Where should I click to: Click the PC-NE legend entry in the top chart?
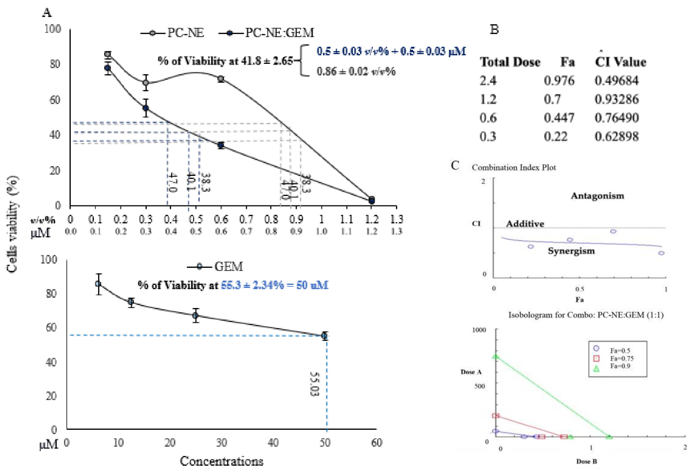(x=173, y=33)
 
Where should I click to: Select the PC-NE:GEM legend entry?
(x=266, y=33)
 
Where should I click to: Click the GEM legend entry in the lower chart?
(x=215, y=266)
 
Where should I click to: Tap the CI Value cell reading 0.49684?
(x=616, y=80)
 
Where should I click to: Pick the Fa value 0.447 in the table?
(x=559, y=118)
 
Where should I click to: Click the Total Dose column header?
(x=510, y=62)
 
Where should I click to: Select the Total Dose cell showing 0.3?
(x=488, y=136)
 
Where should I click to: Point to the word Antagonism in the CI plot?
(x=597, y=196)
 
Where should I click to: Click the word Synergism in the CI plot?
(x=571, y=251)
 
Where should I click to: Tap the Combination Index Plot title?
(x=514, y=167)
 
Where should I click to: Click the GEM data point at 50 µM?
(x=324, y=336)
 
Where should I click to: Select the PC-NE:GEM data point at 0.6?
(x=221, y=145)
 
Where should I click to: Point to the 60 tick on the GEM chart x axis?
(x=376, y=443)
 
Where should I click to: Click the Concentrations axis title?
(x=222, y=461)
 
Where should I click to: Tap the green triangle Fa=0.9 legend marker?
(x=596, y=369)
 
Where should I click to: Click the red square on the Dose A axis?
(x=496, y=416)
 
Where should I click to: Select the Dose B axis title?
(x=586, y=461)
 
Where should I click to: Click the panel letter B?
(x=494, y=29)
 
